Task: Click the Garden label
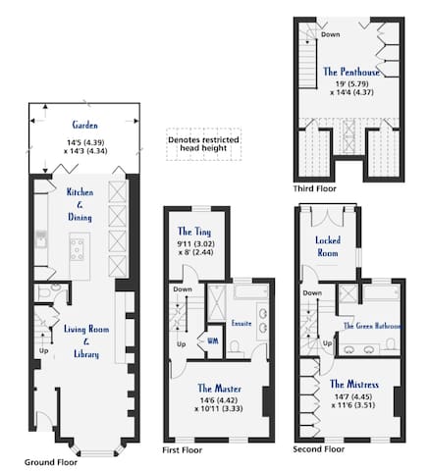[85, 125]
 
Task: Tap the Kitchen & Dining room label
[80, 204]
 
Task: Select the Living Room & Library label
[86, 341]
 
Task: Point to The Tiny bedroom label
[194, 232]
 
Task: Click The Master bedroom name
[219, 389]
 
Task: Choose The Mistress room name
[354, 384]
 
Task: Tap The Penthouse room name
[351, 72]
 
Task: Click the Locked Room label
[328, 246]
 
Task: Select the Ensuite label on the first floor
[241, 323]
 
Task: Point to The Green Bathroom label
[372, 326]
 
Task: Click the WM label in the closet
[213, 340]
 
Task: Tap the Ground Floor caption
[51, 462]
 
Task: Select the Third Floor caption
[314, 188]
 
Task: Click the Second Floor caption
[319, 449]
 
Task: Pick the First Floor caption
[183, 450]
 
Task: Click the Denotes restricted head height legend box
[203, 144]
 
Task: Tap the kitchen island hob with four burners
[78, 249]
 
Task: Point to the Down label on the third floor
[330, 34]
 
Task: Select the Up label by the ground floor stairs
[44, 350]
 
